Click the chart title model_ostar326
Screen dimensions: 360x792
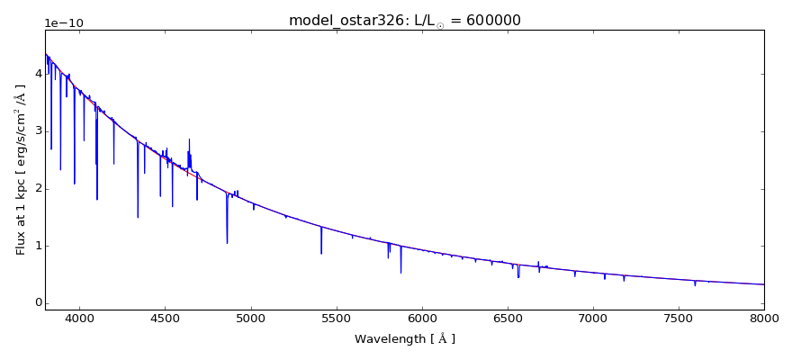tap(342, 21)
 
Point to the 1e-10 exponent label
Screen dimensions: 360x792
tap(64, 22)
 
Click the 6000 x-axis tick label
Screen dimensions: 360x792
tap(422, 318)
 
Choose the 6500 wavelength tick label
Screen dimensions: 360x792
tap(508, 318)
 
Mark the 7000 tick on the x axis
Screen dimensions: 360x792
tap(593, 318)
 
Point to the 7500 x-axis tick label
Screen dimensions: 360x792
tap(679, 318)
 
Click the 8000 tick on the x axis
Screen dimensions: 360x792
tap(764, 318)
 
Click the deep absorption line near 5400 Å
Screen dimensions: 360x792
tap(321, 252)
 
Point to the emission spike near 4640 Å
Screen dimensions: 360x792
tap(189, 140)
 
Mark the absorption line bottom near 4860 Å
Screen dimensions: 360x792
tap(227, 242)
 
